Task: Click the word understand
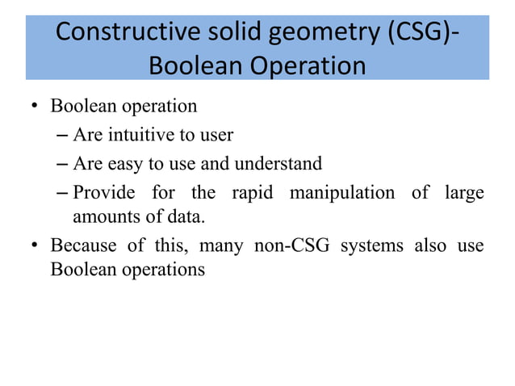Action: (278, 164)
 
